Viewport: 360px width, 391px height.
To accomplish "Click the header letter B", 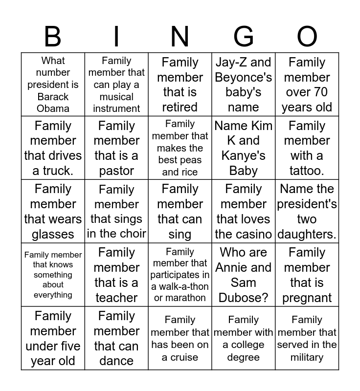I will click(53, 37).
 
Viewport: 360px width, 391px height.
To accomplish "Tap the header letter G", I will click(244, 37).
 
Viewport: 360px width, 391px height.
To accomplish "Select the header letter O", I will click(307, 37).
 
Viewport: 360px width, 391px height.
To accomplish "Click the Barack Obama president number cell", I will click(53, 85).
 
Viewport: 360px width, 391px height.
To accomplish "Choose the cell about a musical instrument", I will click(116, 85).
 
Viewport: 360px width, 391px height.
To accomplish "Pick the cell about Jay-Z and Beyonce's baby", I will click(244, 85).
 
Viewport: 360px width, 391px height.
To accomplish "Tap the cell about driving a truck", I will click(53, 148).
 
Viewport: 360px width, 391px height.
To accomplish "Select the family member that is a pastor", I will click(116, 148).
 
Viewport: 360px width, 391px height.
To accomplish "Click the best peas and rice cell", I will click(180, 148).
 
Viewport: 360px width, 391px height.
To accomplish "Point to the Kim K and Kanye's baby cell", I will click(244, 148).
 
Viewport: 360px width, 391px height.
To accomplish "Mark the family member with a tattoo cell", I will click(307, 148).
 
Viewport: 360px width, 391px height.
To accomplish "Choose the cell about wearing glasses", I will click(53, 211).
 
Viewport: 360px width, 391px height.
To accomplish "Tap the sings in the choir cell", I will click(116, 211).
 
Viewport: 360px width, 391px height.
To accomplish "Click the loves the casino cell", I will click(244, 211).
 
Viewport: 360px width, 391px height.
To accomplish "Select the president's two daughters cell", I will click(307, 211).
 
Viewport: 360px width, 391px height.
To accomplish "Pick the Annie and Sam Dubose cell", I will click(244, 275).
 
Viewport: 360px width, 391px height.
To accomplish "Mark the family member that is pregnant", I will click(307, 275).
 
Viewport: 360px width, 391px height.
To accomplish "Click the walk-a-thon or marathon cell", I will click(180, 275).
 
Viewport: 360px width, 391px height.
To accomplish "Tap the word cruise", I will click(180, 357).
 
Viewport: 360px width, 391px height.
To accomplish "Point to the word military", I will click(307, 357).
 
